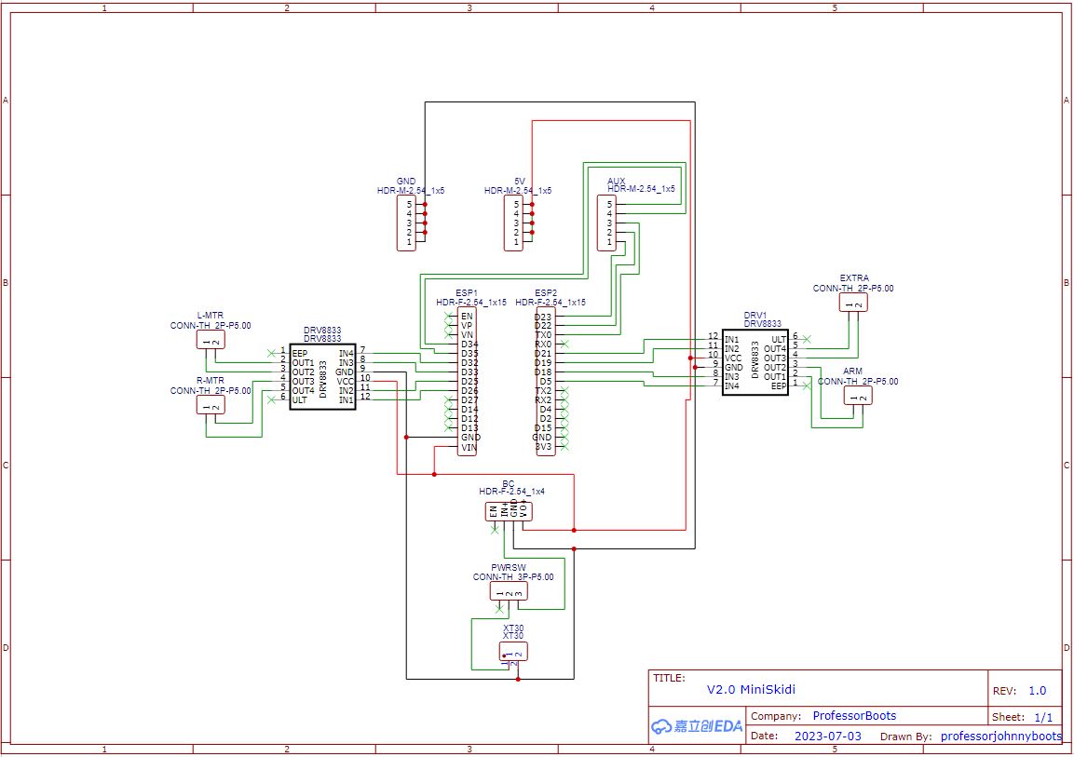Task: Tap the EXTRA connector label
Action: (x=854, y=278)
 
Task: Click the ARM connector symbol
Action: (x=857, y=396)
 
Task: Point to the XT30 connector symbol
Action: (x=514, y=651)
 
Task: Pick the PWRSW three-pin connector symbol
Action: (x=509, y=591)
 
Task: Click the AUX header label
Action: (x=616, y=181)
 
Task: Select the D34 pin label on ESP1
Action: (x=469, y=345)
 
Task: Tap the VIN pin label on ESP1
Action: (x=469, y=447)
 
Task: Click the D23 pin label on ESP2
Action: (x=543, y=317)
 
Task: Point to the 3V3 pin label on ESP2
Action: (x=543, y=447)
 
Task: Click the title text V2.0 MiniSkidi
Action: (x=751, y=690)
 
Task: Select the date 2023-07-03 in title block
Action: (x=827, y=736)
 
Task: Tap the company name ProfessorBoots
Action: (x=854, y=716)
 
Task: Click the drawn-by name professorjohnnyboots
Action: (x=1000, y=736)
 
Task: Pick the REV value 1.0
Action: (x=1037, y=691)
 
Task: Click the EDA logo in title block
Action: (x=697, y=726)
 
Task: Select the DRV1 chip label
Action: (x=755, y=315)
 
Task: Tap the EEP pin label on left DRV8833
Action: (x=299, y=353)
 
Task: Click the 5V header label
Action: (x=520, y=181)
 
